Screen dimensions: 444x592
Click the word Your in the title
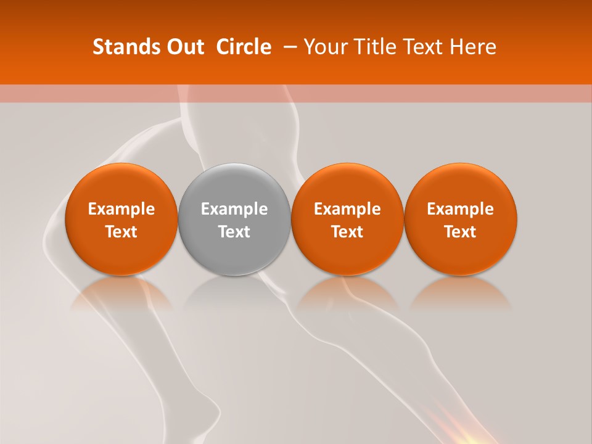pyautogui.click(x=324, y=47)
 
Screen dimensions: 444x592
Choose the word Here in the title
pyautogui.click(x=474, y=47)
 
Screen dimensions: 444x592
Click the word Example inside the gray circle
pyautogui.click(x=234, y=209)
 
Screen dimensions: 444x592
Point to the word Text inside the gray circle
pyautogui.click(x=234, y=232)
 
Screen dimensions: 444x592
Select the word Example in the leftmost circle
pyautogui.click(x=121, y=209)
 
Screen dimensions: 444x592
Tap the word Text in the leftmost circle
pyautogui.click(x=121, y=232)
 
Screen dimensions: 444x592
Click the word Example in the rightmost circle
pyautogui.click(x=461, y=209)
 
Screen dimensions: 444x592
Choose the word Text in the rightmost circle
pyautogui.click(x=461, y=232)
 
